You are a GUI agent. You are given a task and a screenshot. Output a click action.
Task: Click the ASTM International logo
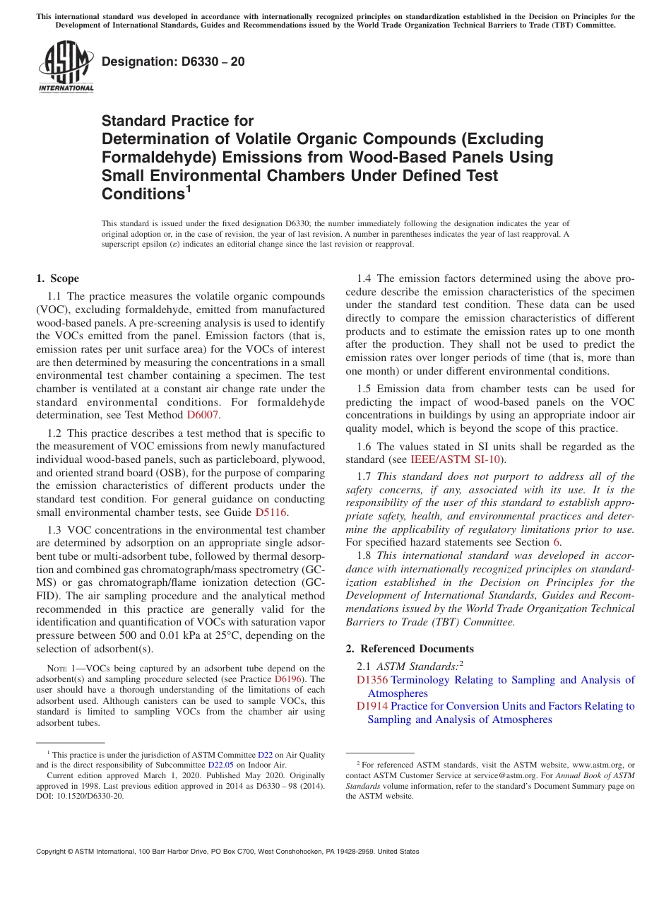(x=66, y=67)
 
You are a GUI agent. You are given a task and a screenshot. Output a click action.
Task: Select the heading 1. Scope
(x=57, y=278)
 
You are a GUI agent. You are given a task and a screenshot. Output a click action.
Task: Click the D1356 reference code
(x=372, y=680)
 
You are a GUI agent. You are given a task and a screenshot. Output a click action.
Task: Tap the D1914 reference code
(x=372, y=706)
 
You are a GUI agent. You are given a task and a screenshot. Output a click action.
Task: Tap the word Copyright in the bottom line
(x=53, y=852)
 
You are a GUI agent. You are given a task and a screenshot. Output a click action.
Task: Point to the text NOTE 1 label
(x=61, y=668)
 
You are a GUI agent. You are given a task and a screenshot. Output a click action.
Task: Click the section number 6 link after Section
(x=557, y=543)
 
